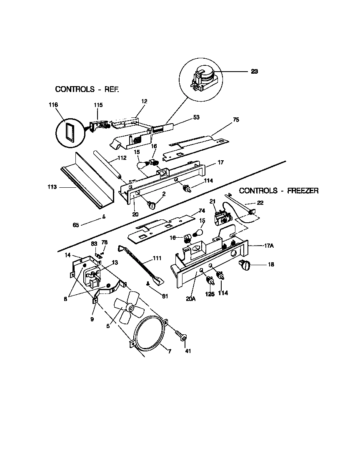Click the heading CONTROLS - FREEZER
pyautogui.click(x=279, y=191)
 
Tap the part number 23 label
pyautogui.click(x=255, y=71)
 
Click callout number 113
pyautogui.click(x=52, y=187)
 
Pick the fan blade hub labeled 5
pyautogui.click(x=130, y=308)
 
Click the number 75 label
pyautogui.click(x=236, y=119)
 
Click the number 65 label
pyautogui.click(x=76, y=225)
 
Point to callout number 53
pyautogui.click(x=196, y=118)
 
